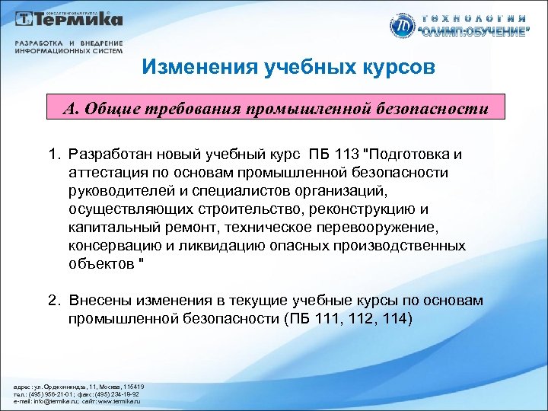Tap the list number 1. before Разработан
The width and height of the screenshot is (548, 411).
click(52, 155)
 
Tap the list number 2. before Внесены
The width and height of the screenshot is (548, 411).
click(52, 301)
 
